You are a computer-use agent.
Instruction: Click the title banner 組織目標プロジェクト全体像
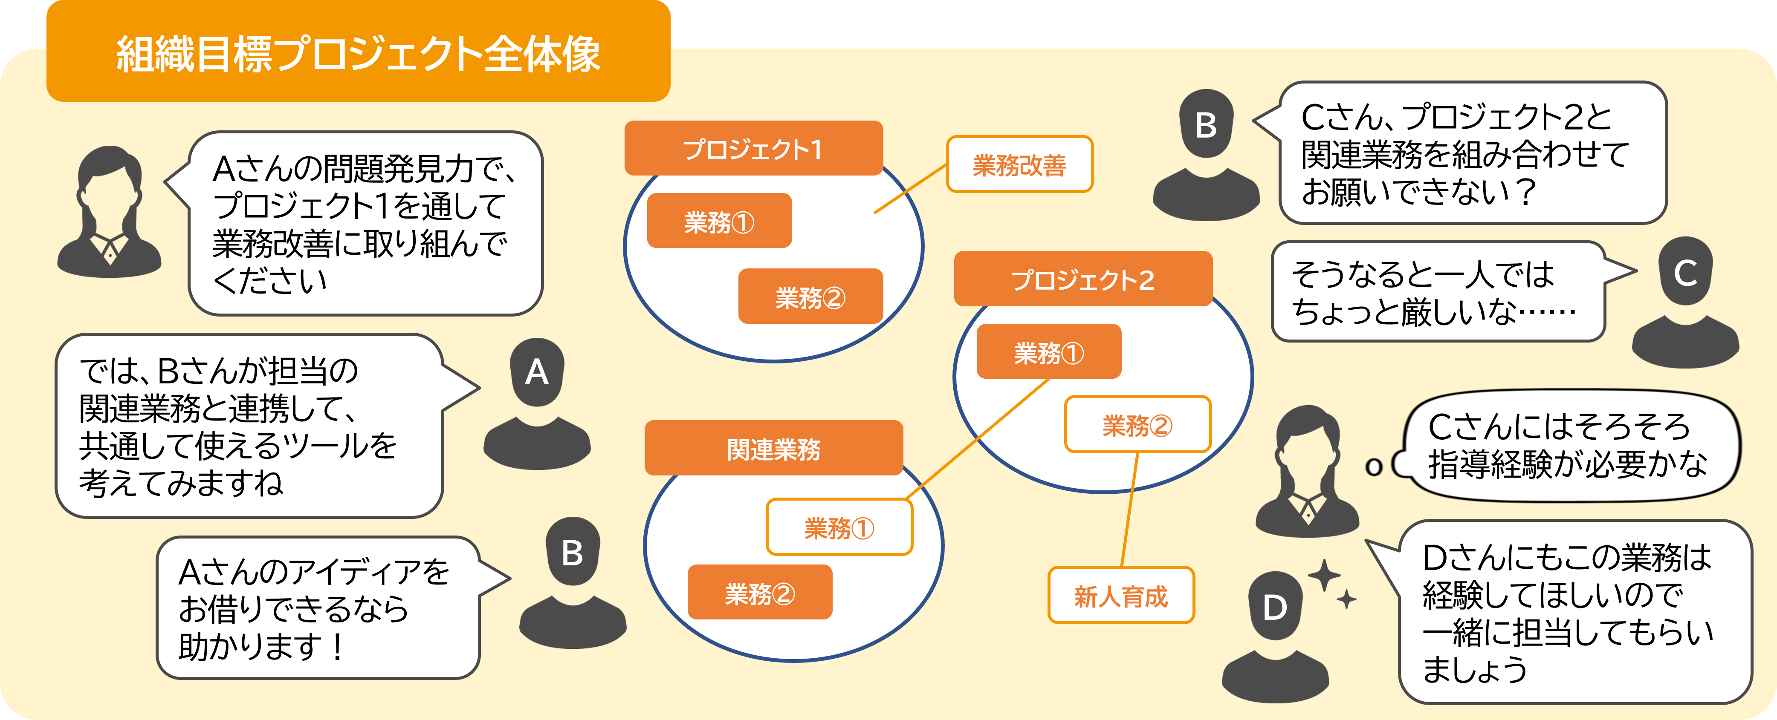coord(358,52)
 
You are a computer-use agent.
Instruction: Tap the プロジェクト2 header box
coord(1083,279)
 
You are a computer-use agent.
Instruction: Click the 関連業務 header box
coord(773,448)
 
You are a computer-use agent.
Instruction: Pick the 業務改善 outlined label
coord(1019,164)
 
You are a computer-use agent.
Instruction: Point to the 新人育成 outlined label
coord(1121,595)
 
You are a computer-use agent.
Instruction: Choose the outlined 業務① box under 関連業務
coord(839,527)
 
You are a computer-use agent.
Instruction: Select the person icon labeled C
coord(1685,302)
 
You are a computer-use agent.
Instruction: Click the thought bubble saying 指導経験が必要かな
coord(1565,446)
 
